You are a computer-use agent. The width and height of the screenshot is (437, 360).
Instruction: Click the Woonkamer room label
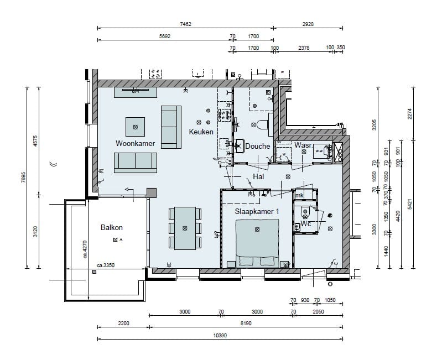pos(135,143)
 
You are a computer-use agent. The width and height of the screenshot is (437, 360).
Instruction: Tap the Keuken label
pos(201,132)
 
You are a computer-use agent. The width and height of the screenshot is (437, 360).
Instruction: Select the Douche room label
pos(258,147)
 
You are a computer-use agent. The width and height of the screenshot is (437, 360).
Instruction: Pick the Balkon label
pos(111,227)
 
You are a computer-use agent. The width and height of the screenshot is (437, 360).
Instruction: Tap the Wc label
pos(306,225)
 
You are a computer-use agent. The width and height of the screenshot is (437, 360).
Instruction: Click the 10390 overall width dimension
pos(221,335)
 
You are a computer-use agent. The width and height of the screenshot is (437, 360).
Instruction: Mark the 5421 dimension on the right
pos(410,204)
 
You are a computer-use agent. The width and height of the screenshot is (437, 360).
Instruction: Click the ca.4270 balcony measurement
pos(86,249)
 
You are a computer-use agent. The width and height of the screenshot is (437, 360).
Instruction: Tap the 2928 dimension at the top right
pos(309,25)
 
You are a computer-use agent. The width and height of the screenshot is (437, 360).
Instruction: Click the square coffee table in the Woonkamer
pos(136,127)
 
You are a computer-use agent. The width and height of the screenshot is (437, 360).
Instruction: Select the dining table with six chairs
pos(184,228)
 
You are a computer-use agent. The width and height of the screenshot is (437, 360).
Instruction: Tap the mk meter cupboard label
pos(299,195)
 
